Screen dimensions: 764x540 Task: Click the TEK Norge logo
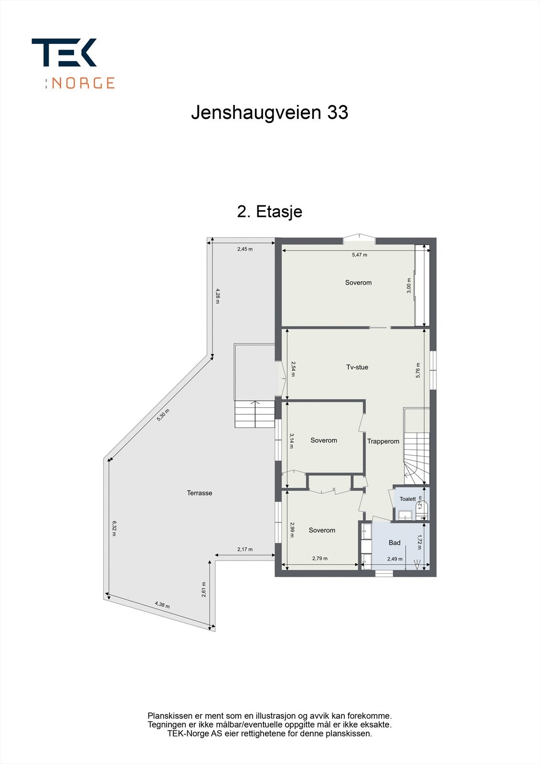[73, 64]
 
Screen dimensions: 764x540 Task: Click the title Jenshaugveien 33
[269, 113]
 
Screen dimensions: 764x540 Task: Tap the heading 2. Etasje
[269, 211]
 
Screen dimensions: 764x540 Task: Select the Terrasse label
[199, 493]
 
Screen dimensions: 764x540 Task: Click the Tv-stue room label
[357, 367]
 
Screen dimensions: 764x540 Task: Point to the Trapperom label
[383, 441]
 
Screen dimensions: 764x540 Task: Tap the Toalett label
[408, 499]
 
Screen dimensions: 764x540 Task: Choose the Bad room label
[394, 542]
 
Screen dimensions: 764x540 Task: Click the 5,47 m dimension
[360, 255]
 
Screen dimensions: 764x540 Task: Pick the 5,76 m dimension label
[418, 370]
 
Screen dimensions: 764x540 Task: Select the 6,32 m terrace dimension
[114, 528]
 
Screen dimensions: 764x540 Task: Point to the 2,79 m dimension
[320, 558]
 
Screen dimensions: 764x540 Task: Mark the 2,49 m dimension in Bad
[395, 559]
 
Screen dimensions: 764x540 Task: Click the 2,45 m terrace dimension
[245, 249]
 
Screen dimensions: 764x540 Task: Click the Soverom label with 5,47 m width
[358, 283]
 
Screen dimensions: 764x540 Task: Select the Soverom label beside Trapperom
[324, 440]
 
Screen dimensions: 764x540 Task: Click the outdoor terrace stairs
[254, 414]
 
